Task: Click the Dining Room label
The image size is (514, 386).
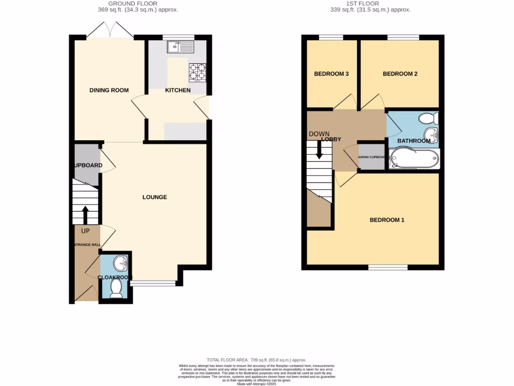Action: point(109,90)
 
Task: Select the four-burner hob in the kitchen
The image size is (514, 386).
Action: point(198,72)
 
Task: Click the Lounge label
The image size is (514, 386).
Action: point(155,197)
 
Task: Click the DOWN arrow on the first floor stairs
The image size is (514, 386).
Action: point(319,149)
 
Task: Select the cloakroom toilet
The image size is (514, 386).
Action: point(116,289)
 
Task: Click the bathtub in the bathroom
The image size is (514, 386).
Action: point(414,159)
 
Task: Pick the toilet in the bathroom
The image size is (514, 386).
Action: point(429,119)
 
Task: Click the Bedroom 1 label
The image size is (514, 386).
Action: point(387,220)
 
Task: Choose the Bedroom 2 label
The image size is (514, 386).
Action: point(400,74)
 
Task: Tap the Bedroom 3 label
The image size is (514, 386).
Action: point(331,74)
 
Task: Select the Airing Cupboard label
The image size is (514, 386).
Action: point(371,157)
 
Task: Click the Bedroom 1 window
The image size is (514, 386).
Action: point(388,267)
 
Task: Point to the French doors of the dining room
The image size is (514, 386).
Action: point(110,31)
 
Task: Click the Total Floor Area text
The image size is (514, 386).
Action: point(256,360)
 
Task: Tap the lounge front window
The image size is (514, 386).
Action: point(153,284)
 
